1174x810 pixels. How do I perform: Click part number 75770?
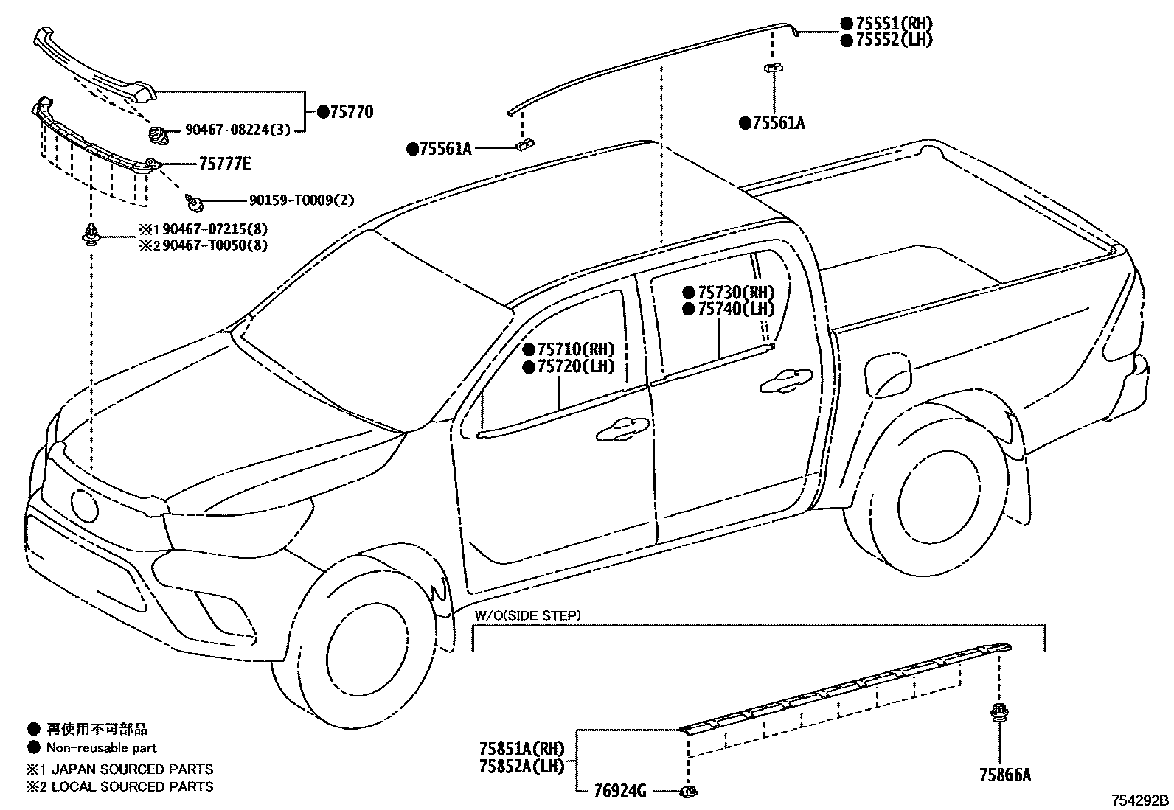click(351, 112)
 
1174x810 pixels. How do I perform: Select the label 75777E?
click(223, 163)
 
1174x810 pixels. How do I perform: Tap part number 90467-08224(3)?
click(237, 130)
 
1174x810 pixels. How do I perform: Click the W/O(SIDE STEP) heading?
click(527, 615)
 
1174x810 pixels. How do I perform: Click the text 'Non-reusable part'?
click(102, 747)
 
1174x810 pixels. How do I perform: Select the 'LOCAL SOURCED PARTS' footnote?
click(130, 786)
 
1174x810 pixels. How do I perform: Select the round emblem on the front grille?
click(84, 506)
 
